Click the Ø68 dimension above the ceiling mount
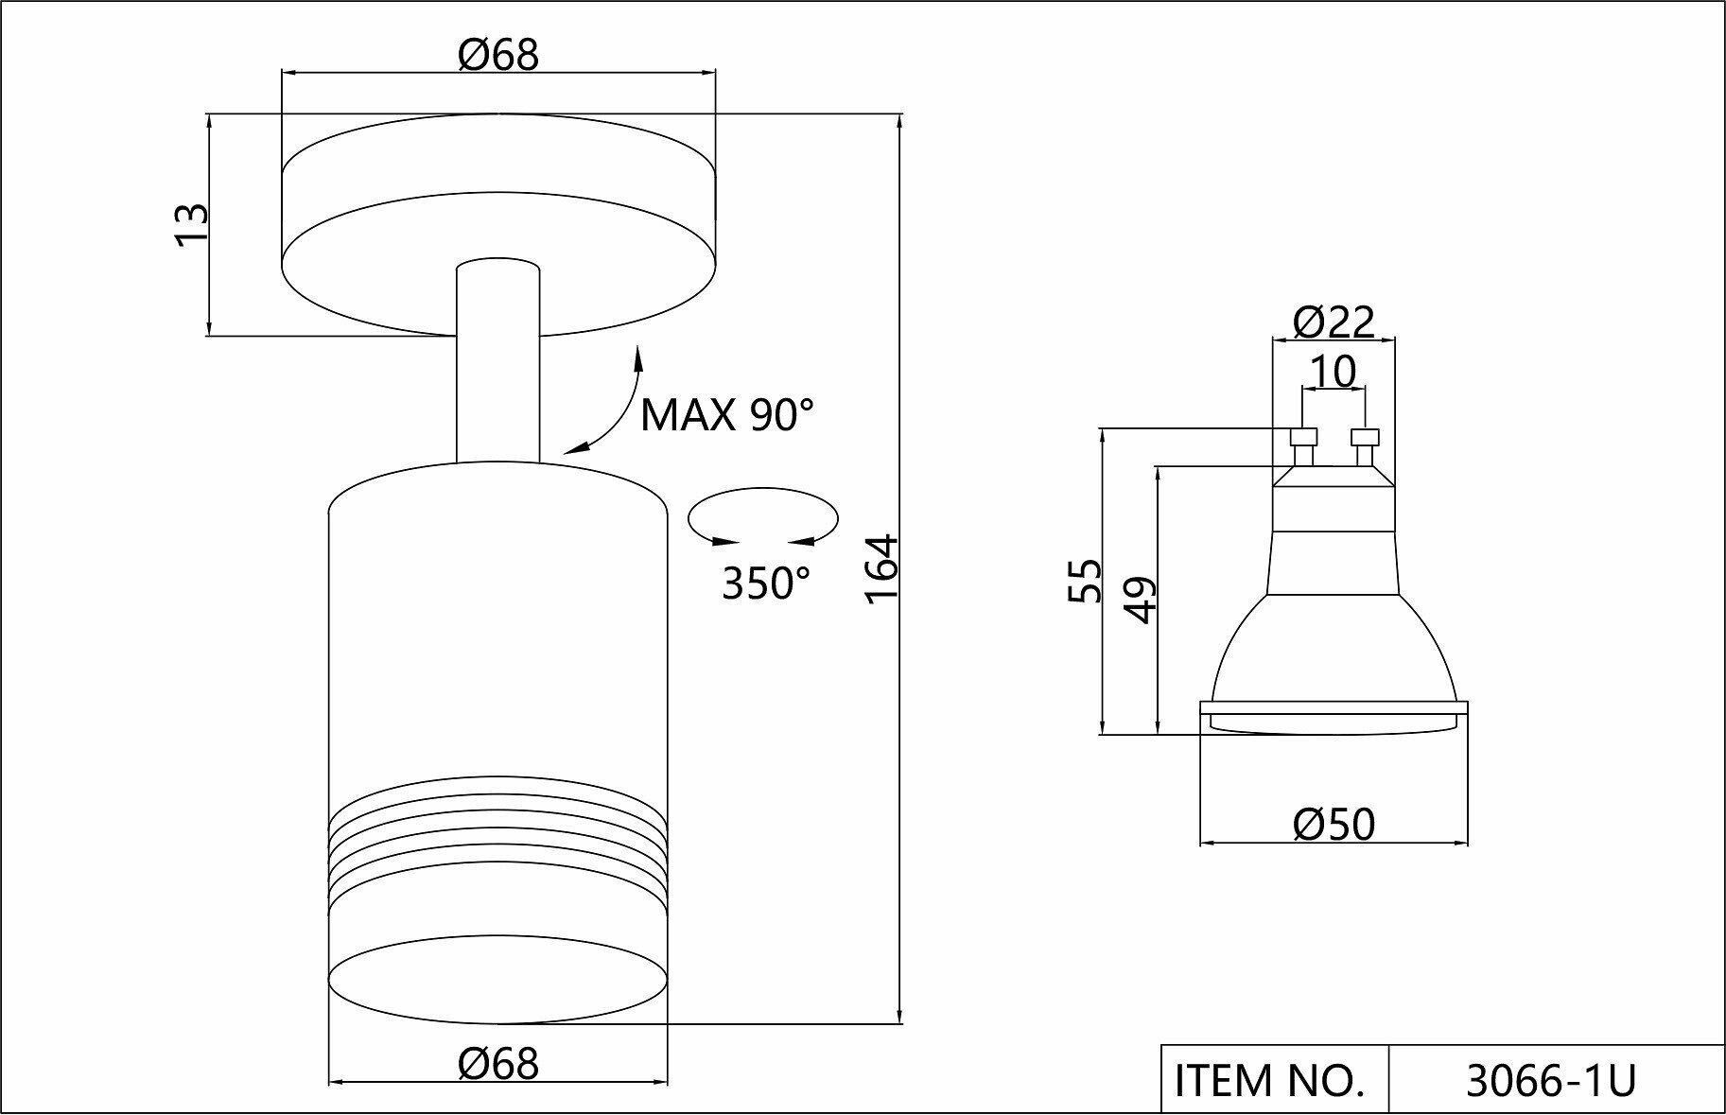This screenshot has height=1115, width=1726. tap(498, 55)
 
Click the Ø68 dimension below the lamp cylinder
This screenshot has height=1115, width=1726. tap(498, 1064)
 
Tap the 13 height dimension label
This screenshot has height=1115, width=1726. tap(191, 225)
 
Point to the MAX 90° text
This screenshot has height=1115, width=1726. tap(726, 415)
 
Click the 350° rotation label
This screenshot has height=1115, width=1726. tap(766, 584)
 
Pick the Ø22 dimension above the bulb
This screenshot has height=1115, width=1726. tap(1334, 323)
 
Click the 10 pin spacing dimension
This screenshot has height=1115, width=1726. tap(1334, 373)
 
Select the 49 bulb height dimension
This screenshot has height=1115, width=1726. tap(1141, 598)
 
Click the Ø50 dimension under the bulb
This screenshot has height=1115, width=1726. tap(1334, 825)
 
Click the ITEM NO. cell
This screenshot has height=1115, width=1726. tap(1273, 1080)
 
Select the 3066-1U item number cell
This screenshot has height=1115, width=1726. tap(1550, 1080)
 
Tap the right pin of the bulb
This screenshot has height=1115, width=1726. tap(1365, 446)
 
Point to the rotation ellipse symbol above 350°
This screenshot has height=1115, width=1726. tap(763, 516)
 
